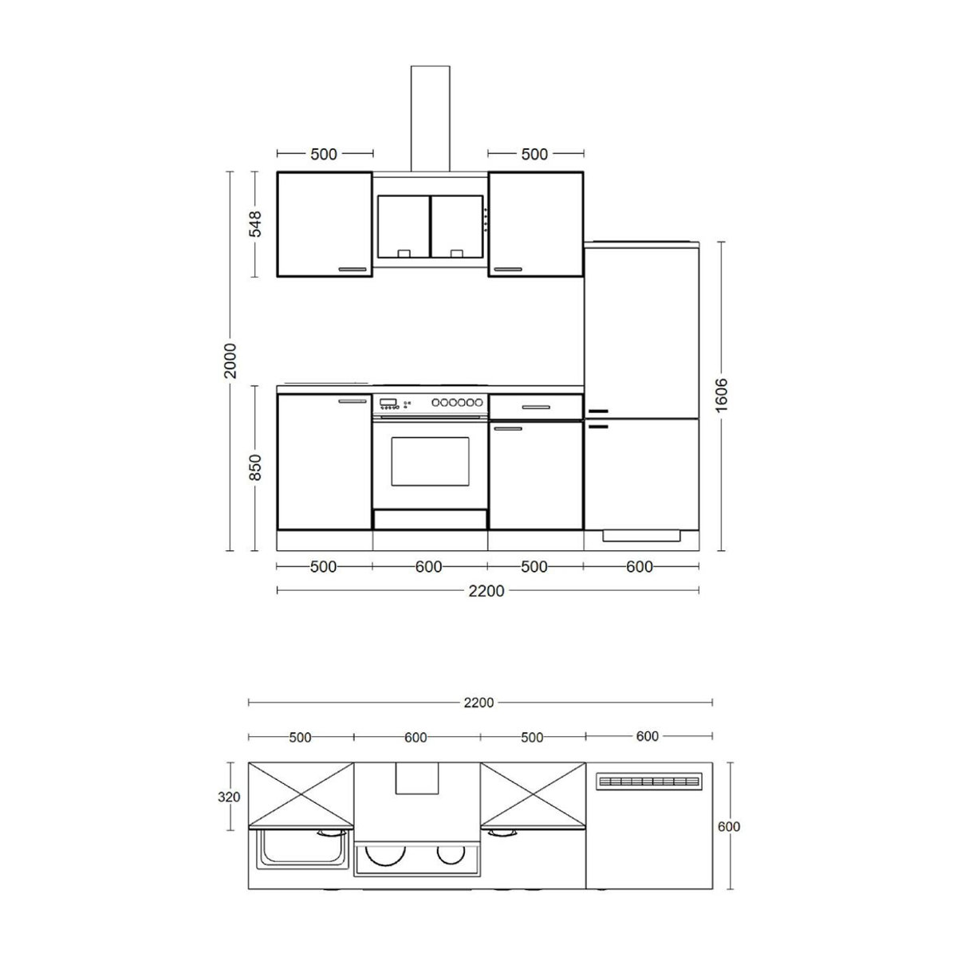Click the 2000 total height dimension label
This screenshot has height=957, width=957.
coord(230,360)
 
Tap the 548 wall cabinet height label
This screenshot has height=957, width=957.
coord(254,224)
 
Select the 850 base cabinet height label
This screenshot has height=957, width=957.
coord(254,467)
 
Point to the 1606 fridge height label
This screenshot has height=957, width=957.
coord(721,394)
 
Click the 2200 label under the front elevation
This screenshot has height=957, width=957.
coord(486,591)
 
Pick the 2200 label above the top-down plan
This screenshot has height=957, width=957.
coord(478,703)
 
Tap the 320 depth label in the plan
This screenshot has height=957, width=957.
coord(229,797)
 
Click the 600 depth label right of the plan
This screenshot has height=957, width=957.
coord(729,826)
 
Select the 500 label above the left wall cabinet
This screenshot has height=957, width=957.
coord(324,155)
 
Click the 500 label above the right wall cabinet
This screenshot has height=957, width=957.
coord(534,155)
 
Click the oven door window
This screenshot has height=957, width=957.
coord(430,462)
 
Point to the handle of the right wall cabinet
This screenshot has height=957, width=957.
coord(508,270)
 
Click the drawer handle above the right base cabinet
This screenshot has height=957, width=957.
coord(536,408)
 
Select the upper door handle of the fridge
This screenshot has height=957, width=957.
coord(598,412)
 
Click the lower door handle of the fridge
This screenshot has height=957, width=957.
coord(598,427)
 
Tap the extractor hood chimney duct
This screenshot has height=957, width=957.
coord(430,119)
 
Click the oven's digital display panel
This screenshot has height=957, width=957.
coord(388,402)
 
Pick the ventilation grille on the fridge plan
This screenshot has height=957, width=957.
coord(650,782)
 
